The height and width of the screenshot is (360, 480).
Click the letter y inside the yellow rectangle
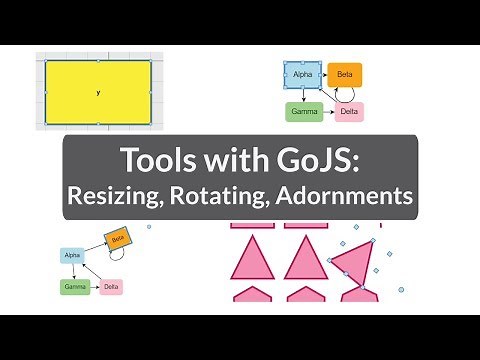tap(98, 93)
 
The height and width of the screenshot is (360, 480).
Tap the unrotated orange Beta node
tap(344, 74)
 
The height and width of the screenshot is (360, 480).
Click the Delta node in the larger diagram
tap(349, 111)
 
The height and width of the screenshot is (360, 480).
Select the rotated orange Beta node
tap(118, 239)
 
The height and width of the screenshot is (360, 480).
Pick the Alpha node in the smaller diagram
tap(72, 255)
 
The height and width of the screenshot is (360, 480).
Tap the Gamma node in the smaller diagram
tap(75, 286)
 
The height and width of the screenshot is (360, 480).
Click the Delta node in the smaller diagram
tap(111, 287)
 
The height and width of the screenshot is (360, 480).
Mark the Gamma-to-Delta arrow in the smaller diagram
tap(94, 287)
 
